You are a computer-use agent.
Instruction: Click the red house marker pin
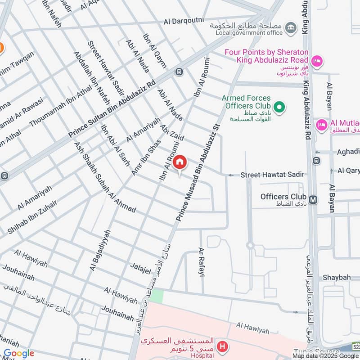pos(180,162)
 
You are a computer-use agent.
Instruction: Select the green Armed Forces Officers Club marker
pos(279,107)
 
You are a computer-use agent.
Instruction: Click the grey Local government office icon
pos(292,27)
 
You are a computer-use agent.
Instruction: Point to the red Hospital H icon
pos(221,346)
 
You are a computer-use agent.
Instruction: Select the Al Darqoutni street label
pos(184,21)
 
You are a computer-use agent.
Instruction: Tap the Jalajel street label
pos(141,269)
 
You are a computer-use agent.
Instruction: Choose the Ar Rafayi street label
pos(202,261)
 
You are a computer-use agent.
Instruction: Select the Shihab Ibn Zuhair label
pos(32,218)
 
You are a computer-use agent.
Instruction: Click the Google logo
pos(18,353)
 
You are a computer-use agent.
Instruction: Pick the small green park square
pos(157,296)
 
